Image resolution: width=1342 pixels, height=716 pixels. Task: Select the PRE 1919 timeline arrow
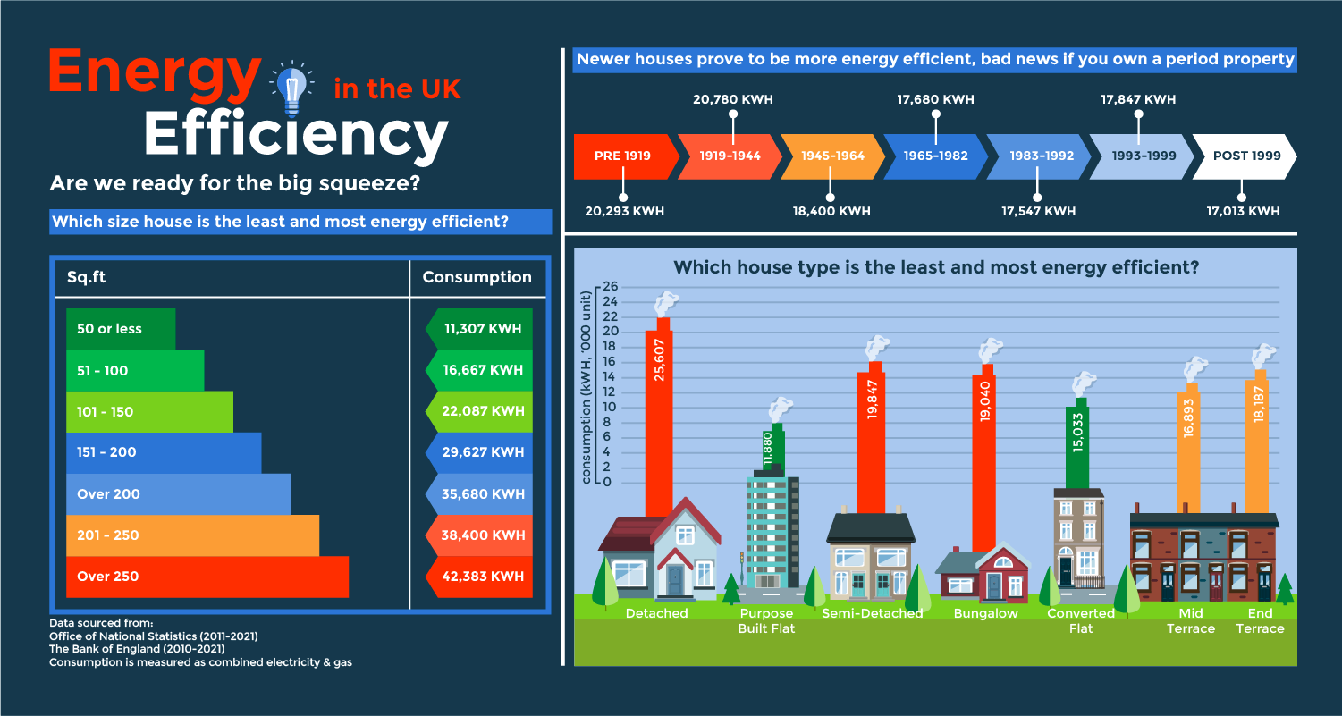(x=623, y=156)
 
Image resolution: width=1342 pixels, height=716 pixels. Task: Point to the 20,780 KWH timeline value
(x=732, y=100)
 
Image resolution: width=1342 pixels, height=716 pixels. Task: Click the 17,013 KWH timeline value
(x=1242, y=212)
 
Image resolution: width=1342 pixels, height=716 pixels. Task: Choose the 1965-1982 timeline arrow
(x=935, y=156)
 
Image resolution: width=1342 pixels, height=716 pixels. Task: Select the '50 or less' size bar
(x=121, y=329)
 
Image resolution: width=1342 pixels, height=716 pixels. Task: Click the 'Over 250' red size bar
(x=207, y=577)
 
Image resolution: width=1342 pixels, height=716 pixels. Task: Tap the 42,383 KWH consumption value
(x=482, y=577)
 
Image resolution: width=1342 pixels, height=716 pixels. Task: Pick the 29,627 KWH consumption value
(x=482, y=452)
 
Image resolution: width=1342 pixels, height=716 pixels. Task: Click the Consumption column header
(x=477, y=277)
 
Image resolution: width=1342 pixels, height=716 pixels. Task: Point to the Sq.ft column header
(x=87, y=277)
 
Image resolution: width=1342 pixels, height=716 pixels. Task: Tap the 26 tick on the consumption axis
(x=611, y=286)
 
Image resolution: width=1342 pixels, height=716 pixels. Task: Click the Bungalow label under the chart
(x=985, y=614)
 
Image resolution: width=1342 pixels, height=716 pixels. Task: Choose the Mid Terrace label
(x=1190, y=621)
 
